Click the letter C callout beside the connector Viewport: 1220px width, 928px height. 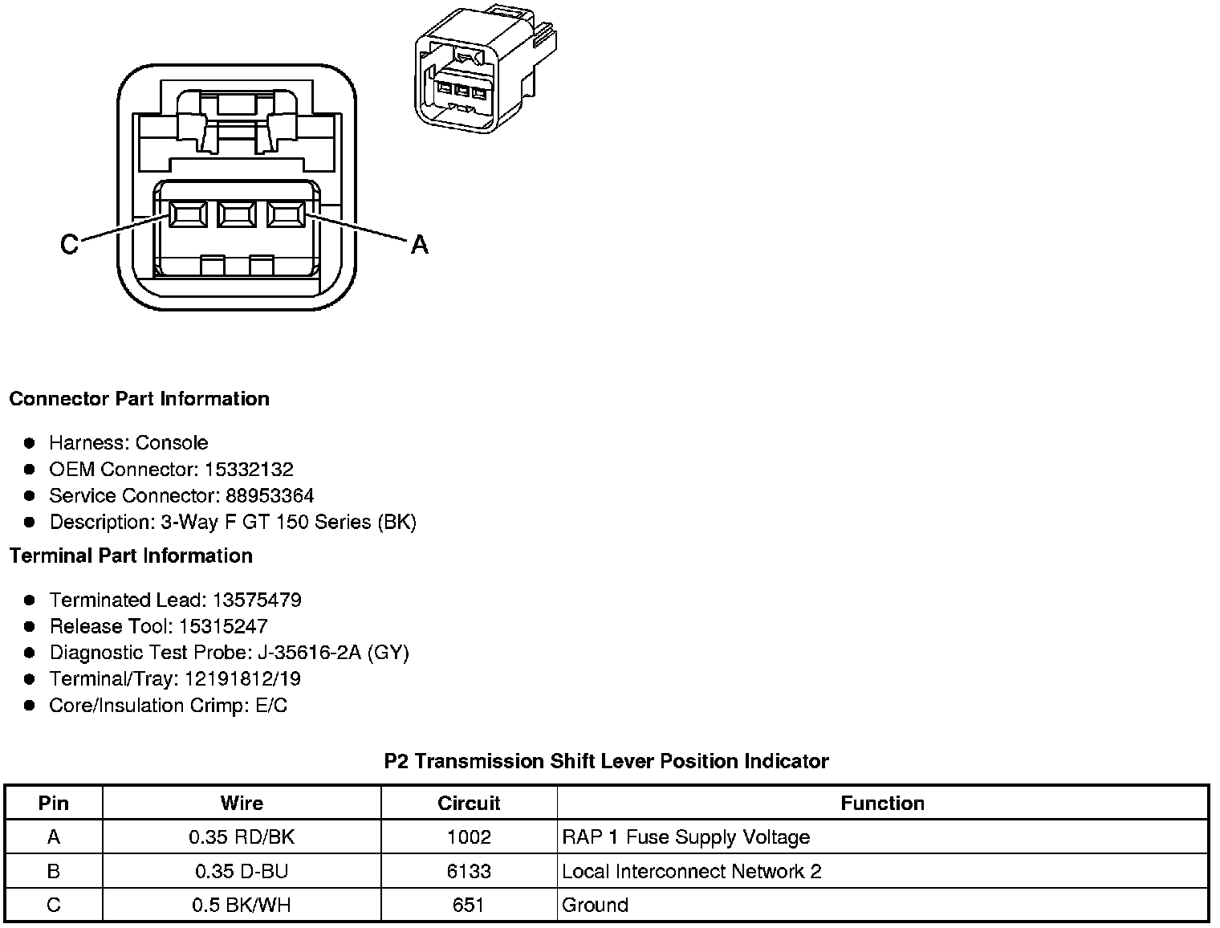[x=70, y=244]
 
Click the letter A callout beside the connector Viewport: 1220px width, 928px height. [x=419, y=244]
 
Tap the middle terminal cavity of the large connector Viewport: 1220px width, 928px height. [x=236, y=214]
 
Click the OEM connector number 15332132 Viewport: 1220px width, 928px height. [x=249, y=469]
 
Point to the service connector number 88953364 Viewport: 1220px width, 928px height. [x=270, y=495]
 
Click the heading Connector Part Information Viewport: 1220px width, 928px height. [x=140, y=399]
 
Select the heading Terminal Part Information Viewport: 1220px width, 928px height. [x=131, y=556]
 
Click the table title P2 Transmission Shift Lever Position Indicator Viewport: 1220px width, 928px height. [x=606, y=761]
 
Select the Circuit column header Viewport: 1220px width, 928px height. [x=469, y=803]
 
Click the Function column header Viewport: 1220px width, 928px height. [x=882, y=803]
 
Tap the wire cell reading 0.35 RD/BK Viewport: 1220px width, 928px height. [x=242, y=837]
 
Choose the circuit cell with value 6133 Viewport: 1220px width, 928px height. [x=469, y=871]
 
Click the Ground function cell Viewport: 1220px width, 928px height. [x=596, y=905]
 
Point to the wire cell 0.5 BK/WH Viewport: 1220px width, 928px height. [x=242, y=905]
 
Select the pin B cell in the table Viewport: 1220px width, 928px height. [x=54, y=871]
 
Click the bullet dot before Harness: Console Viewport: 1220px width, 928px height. [x=30, y=442]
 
